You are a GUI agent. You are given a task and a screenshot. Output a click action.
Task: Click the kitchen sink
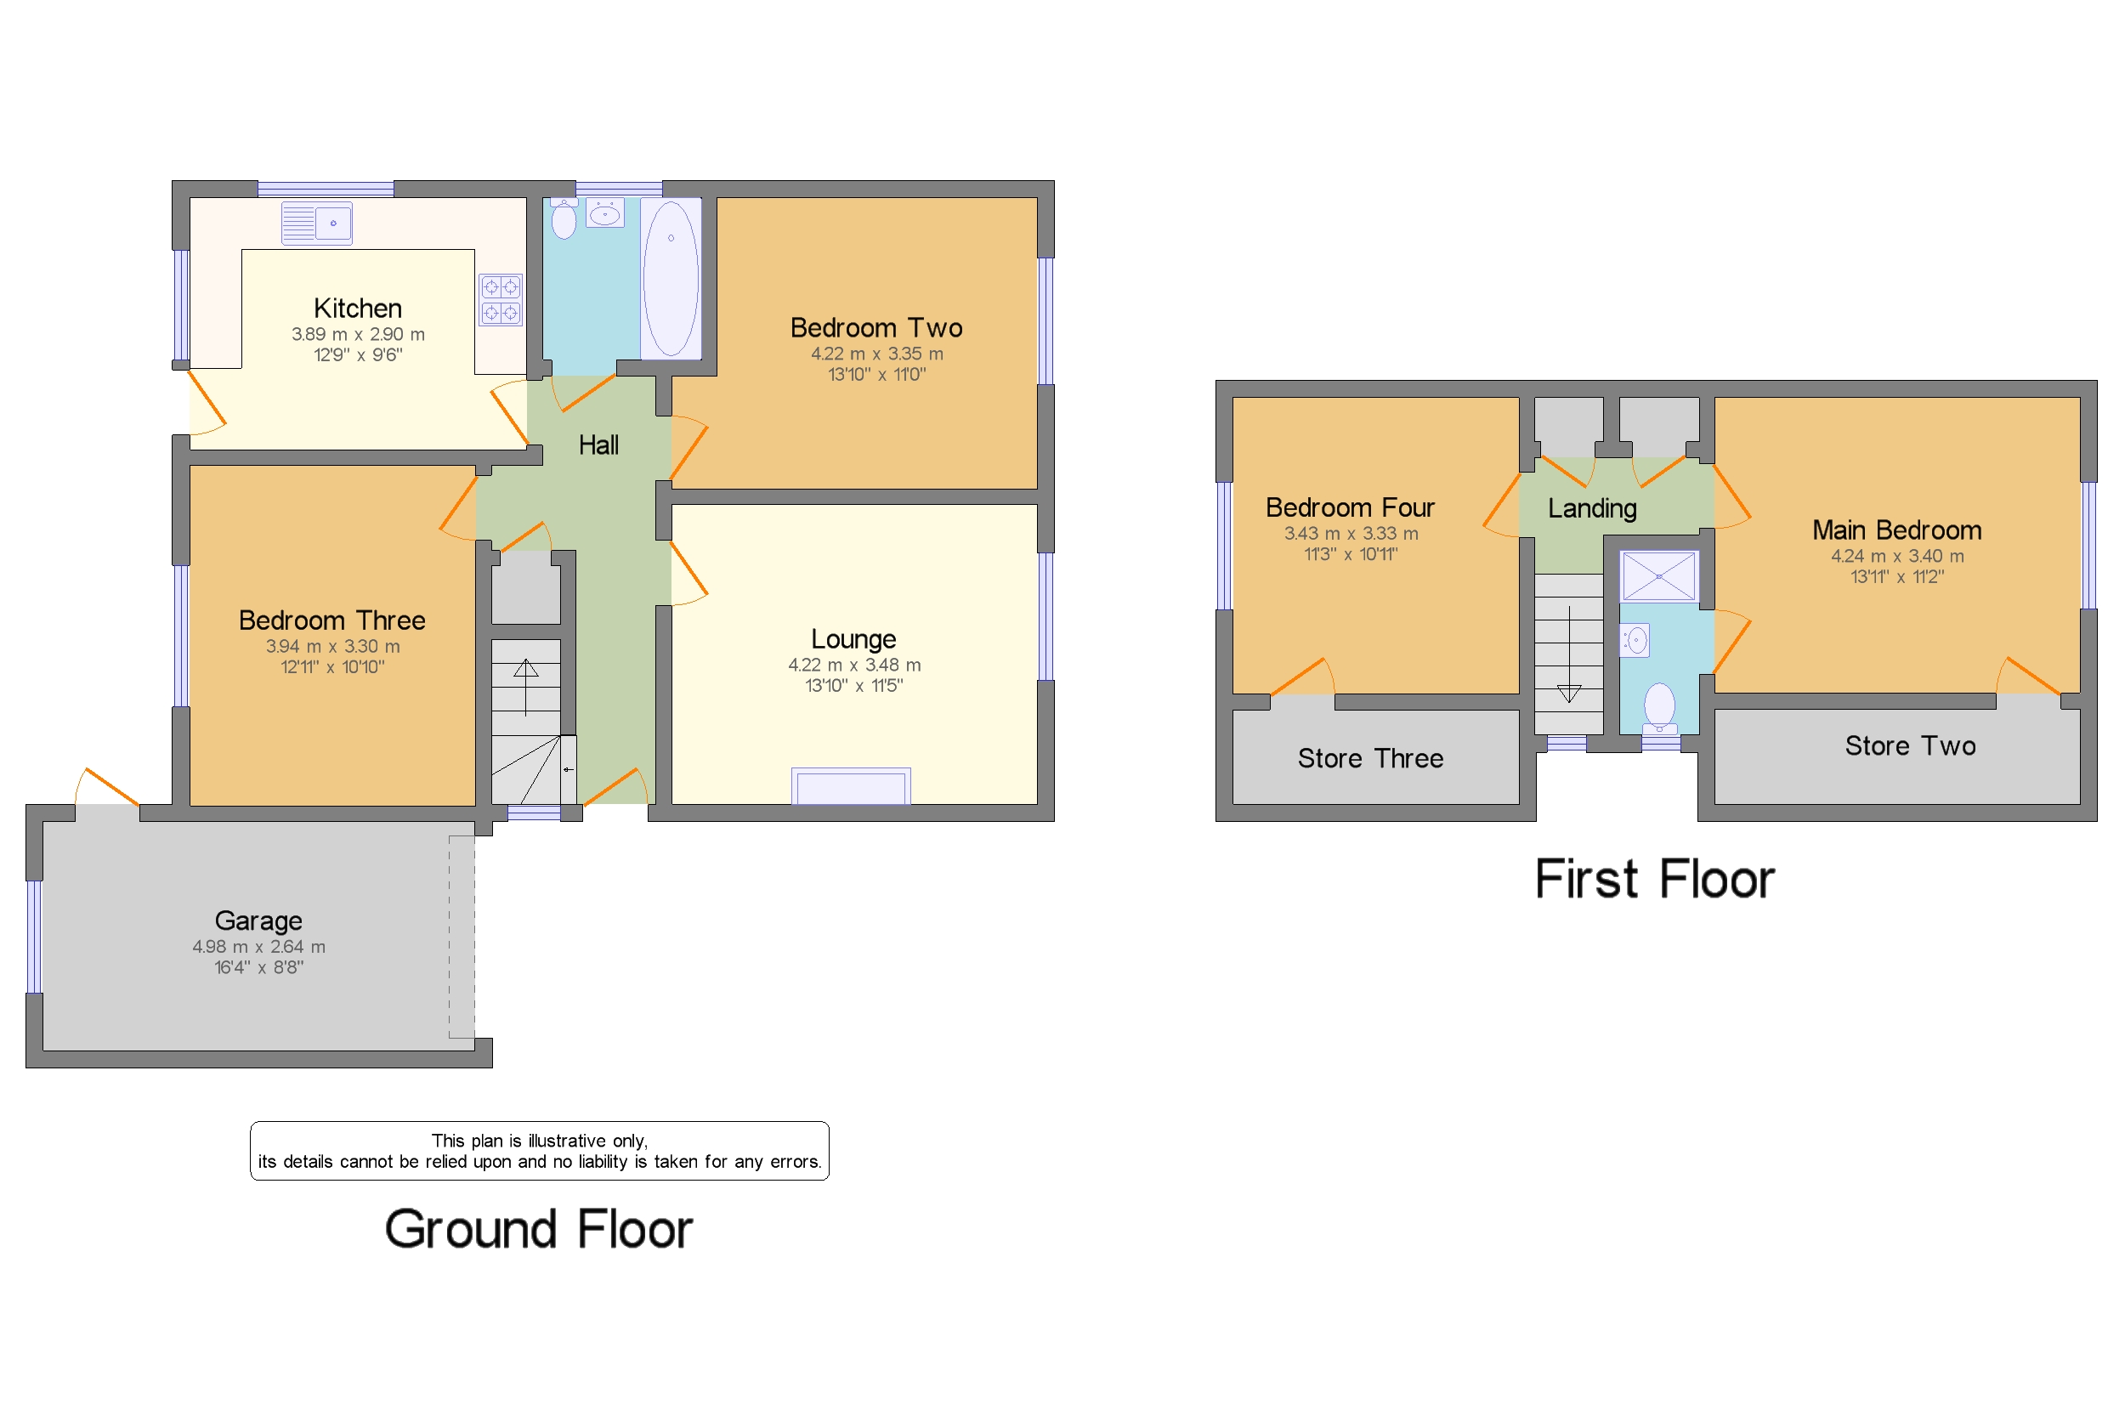[316, 223]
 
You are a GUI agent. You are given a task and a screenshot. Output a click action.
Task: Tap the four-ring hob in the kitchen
[501, 300]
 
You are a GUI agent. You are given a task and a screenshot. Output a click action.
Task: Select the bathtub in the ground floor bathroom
[670, 278]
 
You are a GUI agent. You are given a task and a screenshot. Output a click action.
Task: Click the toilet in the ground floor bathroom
[564, 218]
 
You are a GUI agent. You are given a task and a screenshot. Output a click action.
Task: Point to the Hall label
[598, 445]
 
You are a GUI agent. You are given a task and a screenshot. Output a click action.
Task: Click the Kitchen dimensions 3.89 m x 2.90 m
[358, 334]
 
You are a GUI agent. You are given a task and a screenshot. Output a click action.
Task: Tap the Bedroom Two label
[875, 328]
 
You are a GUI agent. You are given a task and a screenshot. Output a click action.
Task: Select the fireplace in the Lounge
[850, 785]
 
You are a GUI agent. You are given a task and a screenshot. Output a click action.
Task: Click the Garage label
[258, 920]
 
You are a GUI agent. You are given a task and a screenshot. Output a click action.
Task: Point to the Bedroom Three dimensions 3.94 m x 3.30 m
[332, 647]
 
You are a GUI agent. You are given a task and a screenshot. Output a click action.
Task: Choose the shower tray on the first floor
[1658, 576]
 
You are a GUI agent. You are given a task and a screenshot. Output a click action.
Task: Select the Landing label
[1591, 508]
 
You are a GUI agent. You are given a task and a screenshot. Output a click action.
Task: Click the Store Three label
[1369, 758]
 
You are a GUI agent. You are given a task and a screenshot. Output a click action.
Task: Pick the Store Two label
[1909, 746]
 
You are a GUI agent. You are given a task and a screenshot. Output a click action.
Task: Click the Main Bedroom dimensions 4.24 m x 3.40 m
[1896, 556]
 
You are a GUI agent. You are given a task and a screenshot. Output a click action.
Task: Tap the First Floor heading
[1653, 880]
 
